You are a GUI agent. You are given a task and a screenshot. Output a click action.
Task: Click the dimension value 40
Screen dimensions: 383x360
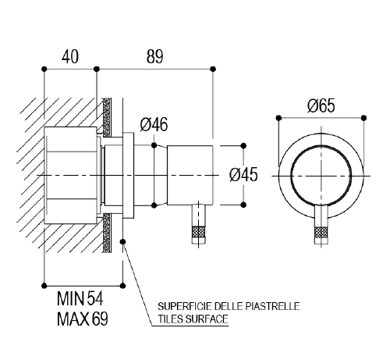click(70, 56)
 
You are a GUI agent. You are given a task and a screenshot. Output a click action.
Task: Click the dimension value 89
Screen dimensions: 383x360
click(154, 56)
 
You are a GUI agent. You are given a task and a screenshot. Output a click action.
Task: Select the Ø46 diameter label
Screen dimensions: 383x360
click(154, 124)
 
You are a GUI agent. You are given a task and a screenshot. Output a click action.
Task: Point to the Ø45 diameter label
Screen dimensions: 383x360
click(243, 174)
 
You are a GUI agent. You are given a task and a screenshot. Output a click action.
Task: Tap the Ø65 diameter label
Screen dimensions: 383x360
click(321, 105)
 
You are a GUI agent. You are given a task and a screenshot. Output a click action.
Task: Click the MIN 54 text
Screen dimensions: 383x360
click(80, 298)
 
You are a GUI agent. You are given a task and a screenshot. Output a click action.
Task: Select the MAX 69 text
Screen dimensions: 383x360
click(82, 319)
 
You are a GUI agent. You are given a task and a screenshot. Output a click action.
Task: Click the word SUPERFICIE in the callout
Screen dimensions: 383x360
click(185, 306)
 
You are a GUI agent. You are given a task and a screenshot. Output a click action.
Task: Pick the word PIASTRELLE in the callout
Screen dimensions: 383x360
click(272, 306)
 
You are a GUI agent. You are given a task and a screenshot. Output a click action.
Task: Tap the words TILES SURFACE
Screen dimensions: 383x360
click(193, 319)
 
